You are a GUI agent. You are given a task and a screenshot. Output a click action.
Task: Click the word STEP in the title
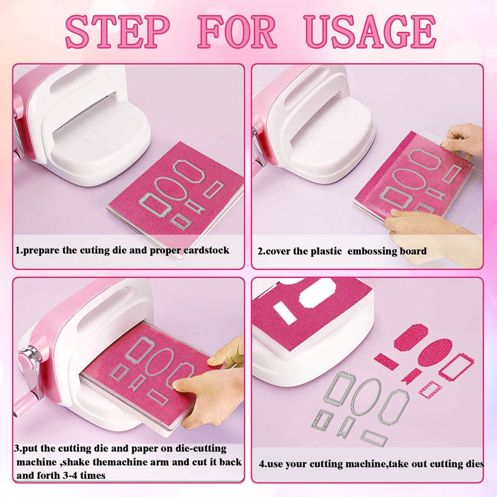coord(118,32)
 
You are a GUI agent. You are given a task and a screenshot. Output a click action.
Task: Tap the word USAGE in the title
coord(370,32)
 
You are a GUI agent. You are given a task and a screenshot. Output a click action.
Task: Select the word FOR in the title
coord(237,32)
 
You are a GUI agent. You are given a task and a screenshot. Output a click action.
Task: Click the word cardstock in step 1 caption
coord(207,250)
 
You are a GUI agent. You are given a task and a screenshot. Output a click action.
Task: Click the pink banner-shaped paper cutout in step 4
coord(411,376)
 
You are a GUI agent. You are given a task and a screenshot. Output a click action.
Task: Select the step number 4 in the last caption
coord(262,464)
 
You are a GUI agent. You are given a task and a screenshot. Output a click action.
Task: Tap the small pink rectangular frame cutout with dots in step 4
coord(429,389)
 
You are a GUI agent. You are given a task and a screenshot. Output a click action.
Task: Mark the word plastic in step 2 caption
coord(326,251)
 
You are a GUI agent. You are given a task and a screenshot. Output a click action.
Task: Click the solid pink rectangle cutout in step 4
coord(387,361)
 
